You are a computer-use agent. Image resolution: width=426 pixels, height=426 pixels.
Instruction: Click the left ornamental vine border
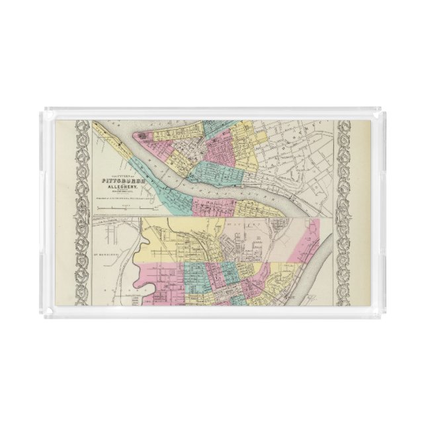pyautogui.click(x=81, y=212)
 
